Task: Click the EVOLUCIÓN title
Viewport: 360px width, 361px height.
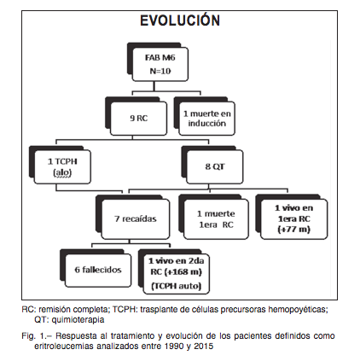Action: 180,20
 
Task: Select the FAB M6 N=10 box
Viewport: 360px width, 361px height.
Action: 160,64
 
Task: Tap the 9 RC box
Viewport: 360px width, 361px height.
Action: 138,119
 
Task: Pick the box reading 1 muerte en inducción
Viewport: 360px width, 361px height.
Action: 206,119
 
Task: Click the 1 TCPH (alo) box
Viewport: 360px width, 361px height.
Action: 62,166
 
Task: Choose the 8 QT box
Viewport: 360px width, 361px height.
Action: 215,166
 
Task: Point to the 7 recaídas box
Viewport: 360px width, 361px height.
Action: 136,219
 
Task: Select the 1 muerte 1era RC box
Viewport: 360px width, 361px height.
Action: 216,219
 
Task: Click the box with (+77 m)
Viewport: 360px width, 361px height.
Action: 294,219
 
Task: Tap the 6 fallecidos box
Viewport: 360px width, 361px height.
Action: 98,270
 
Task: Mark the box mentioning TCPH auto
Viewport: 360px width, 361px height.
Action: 177,274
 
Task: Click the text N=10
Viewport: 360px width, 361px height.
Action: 160,71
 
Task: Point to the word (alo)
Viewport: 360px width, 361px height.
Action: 62,172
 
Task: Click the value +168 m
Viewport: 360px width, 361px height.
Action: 180,272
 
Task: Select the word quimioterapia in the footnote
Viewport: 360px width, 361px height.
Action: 78,320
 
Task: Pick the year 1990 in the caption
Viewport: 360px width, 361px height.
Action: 174,346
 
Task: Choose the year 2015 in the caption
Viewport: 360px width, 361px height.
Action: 203,346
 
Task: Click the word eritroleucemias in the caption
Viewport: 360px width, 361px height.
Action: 64,346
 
